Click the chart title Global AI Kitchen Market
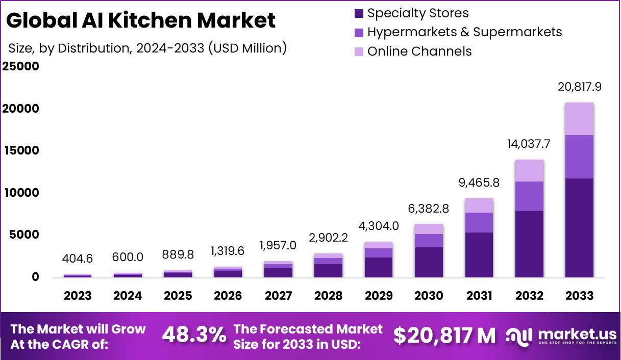point(141,20)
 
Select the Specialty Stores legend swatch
point(359,14)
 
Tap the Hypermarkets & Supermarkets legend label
point(464,32)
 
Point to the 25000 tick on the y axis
point(21,67)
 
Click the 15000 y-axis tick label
point(21,151)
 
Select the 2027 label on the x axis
point(278,296)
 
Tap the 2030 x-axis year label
point(429,296)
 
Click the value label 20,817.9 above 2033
point(579,87)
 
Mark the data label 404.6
point(78,259)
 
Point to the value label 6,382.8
point(429,208)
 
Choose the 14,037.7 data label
point(529,144)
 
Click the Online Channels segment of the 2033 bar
point(579,119)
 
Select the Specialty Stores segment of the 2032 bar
point(529,244)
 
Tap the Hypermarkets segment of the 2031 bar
point(479,223)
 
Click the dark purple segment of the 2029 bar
point(379,267)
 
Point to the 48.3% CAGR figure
point(194,336)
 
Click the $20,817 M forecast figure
point(444,336)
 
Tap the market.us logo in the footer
point(561,336)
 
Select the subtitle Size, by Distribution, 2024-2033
point(147,48)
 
